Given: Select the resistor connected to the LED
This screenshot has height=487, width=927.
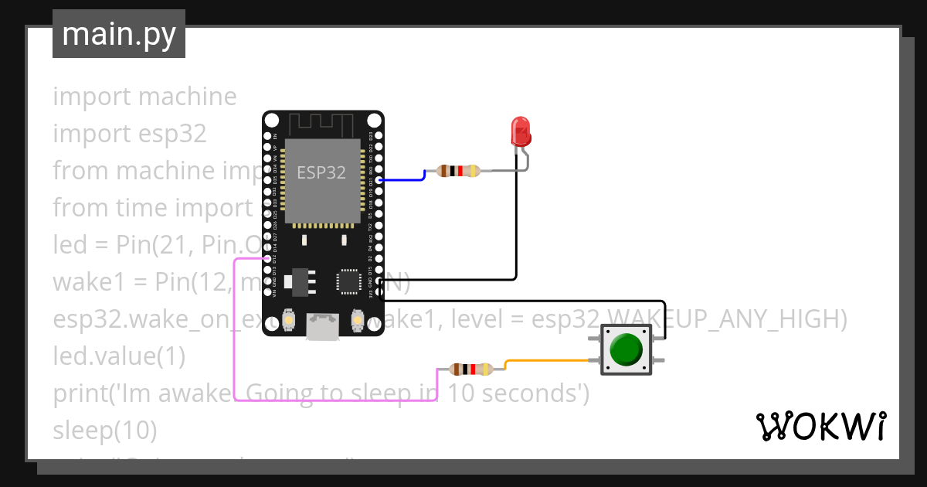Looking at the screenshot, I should (x=459, y=171).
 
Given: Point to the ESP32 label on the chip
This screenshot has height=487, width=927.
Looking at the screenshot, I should (x=322, y=172).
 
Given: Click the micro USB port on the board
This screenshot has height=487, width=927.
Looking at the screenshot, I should (x=322, y=325).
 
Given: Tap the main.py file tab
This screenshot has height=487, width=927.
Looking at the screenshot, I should (x=119, y=34).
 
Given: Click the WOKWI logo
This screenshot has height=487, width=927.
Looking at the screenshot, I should (x=820, y=426).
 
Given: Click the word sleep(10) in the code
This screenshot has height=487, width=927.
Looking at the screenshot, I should (x=105, y=430).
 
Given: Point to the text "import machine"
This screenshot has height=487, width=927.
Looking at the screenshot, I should (x=144, y=97).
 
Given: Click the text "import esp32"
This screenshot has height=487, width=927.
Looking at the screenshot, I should (x=130, y=134).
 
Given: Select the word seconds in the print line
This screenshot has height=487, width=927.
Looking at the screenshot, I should (x=533, y=393).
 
